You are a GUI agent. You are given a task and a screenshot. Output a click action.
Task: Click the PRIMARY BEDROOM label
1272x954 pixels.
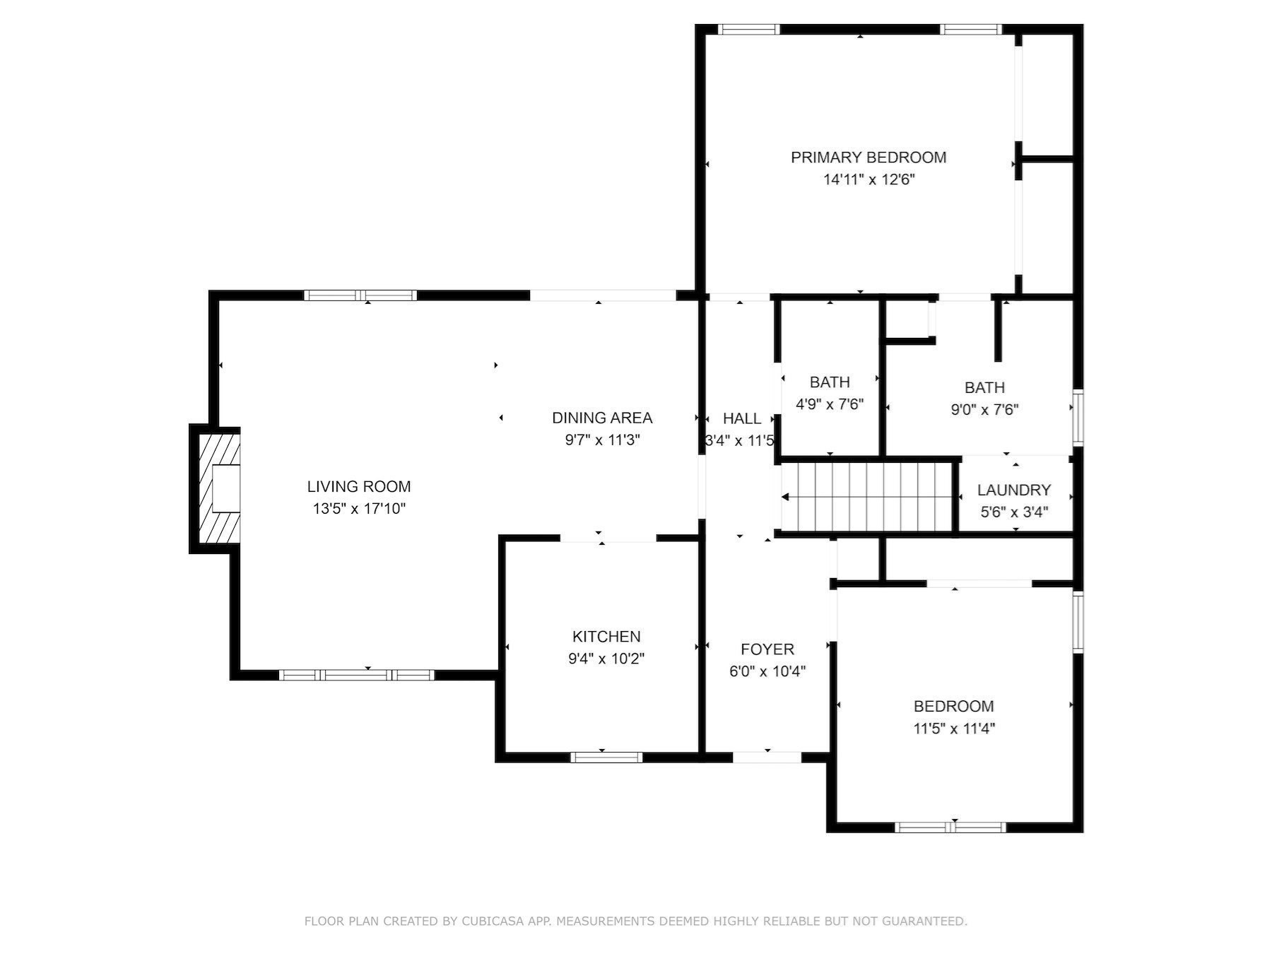tap(868, 157)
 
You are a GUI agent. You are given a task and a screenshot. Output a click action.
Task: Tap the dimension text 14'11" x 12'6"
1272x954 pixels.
tap(868, 179)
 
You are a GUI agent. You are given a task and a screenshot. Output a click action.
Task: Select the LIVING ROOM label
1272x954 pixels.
tap(358, 486)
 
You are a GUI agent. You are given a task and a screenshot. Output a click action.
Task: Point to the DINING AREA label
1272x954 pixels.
tap(601, 418)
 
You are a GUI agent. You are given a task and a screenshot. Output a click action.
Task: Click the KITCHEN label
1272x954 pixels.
tap(606, 636)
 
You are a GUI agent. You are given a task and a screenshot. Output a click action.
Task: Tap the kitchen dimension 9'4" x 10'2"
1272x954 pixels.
tap(606, 659)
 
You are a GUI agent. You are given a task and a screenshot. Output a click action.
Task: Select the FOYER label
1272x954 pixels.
tap(767, 649)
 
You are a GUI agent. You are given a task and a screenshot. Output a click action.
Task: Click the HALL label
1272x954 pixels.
tap(741, 418)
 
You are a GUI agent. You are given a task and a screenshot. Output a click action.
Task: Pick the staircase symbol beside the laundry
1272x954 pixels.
tap(868, 497)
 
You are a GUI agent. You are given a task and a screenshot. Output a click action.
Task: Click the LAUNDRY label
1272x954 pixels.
tap(1013, 490)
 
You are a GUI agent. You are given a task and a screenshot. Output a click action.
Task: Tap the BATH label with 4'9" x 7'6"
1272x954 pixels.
tap(830, 382)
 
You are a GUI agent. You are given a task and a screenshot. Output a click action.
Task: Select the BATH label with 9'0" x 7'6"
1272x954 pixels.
tap(984, 387)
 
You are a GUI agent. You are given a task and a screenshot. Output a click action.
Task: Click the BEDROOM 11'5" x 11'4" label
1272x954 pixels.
tap(953, 706)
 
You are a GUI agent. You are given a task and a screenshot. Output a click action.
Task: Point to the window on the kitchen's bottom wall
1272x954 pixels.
tap(606, 757)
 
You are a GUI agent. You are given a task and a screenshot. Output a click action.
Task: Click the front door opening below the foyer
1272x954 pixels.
tap(767, 757)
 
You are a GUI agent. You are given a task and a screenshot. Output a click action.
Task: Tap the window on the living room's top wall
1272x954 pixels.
tap(360, 295)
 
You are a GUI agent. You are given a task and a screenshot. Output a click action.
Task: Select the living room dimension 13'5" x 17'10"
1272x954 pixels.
tap(359, 509)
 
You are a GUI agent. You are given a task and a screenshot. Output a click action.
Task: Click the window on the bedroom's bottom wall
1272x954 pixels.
tap(950, 827)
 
